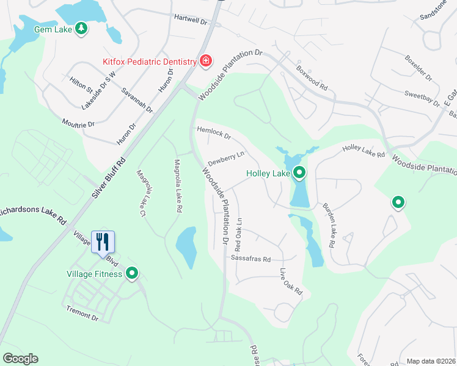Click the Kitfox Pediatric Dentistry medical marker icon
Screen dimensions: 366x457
(206, 61)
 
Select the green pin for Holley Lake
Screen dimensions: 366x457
(299, 174)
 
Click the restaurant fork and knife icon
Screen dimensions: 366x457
(103, 242)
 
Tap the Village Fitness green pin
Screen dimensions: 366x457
(131, 274)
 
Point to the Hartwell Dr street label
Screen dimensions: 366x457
(191, 20)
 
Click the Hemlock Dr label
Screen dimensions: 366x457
(213, 132)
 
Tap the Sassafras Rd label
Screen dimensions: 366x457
(250, 259)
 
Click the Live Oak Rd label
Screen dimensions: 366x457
(291, 282)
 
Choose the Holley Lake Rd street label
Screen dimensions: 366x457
(364, 151)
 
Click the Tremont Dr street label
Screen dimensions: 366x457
(82, 314)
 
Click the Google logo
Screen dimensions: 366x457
(20, 359)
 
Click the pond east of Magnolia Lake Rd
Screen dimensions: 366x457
(186, 246)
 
